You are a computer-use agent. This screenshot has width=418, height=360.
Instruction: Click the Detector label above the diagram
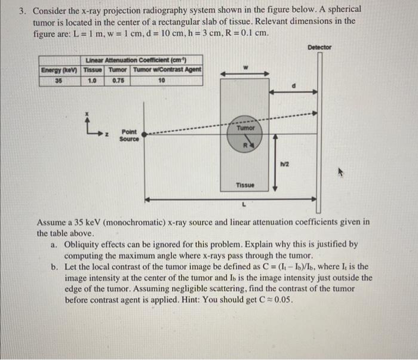(320, 47)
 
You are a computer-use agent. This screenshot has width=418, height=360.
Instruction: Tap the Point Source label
(128, 135)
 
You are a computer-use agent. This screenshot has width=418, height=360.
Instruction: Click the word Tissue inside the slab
(244, 185)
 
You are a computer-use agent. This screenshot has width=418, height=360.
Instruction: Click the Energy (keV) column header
(59, 69)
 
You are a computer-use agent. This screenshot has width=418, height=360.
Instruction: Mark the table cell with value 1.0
(92, 79)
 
